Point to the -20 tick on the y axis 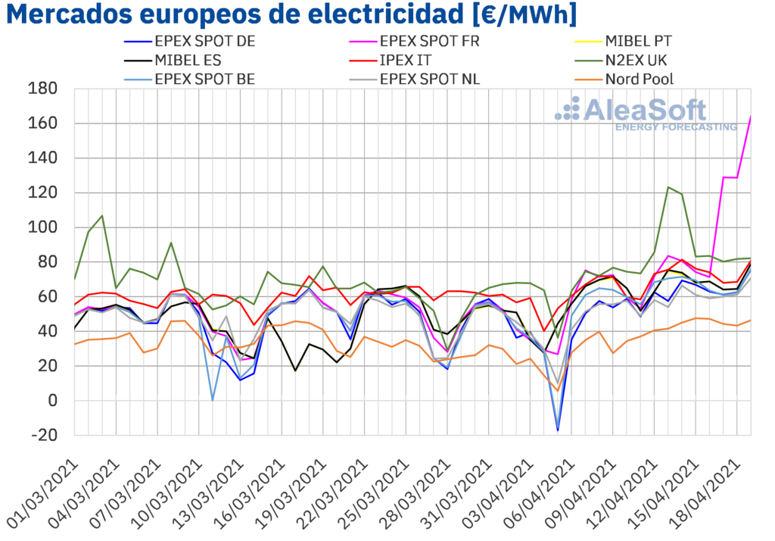click(42, 435)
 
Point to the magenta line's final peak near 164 click(750, 116)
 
